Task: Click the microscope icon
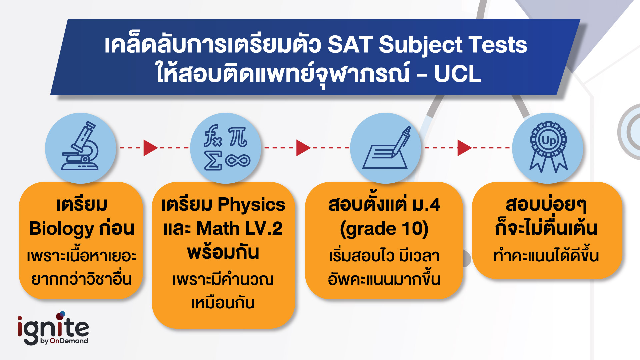80,148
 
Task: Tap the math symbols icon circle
226,148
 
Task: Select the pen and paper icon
386,148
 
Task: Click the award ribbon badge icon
548,148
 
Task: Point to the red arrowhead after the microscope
150,148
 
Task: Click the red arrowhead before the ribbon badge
464,148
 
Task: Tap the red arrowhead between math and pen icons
303,148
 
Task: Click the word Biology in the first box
62,229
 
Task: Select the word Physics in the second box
252,205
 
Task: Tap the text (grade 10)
384,229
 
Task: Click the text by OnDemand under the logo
64,341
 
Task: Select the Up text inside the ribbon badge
548,140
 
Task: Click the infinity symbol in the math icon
238,161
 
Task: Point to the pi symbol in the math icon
238,137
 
